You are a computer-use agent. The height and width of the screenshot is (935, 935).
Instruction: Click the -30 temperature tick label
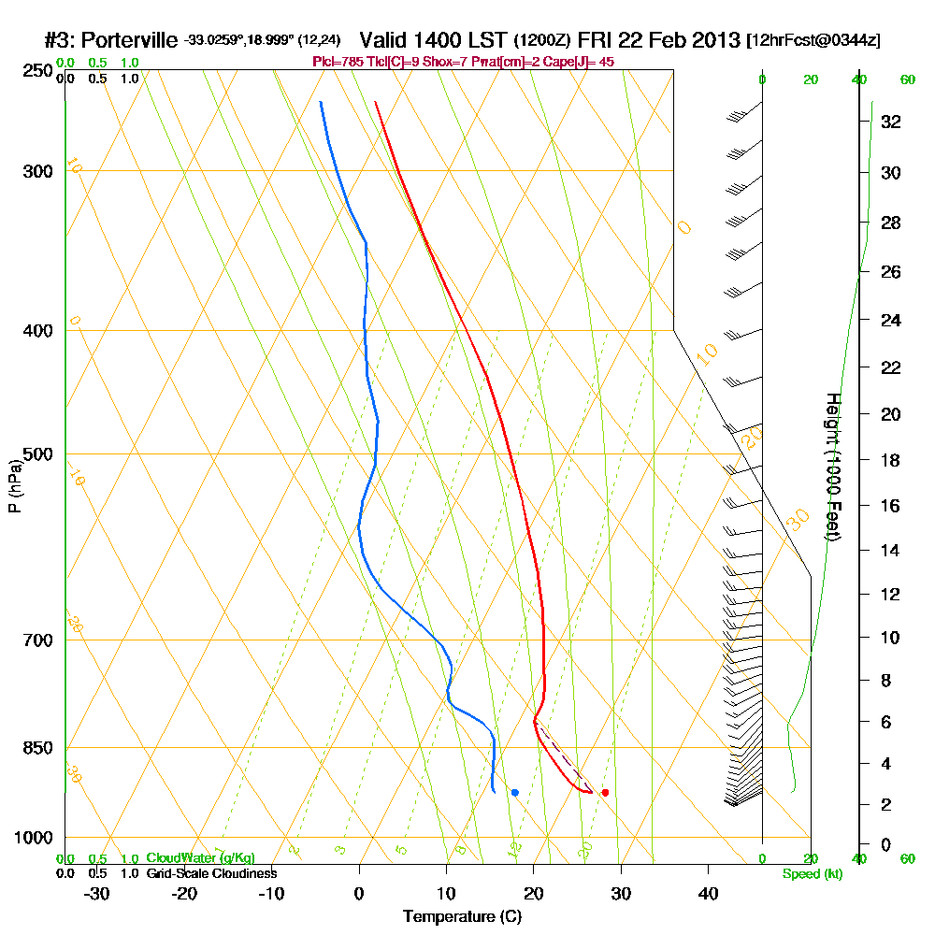click(97, 893)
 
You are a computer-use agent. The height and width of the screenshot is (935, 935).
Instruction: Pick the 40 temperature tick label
click(708, 893)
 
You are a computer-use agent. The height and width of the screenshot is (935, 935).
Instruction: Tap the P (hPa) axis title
click(14, 486)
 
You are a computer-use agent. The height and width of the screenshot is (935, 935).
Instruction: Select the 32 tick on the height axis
click(891, 122)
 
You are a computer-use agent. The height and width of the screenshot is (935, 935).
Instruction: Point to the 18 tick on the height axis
click(891, 460)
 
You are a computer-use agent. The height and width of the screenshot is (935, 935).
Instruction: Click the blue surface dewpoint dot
click(515, 793)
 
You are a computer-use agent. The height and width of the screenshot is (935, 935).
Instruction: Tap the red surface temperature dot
click(605, 793)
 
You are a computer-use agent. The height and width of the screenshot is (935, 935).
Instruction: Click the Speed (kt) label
click(812, 873)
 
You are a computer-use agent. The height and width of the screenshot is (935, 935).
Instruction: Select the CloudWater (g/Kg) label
click(200, 858)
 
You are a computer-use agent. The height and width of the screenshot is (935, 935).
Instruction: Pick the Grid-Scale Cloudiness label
click(210, 873)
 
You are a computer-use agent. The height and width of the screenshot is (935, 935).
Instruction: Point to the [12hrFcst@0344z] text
click(813, 40)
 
